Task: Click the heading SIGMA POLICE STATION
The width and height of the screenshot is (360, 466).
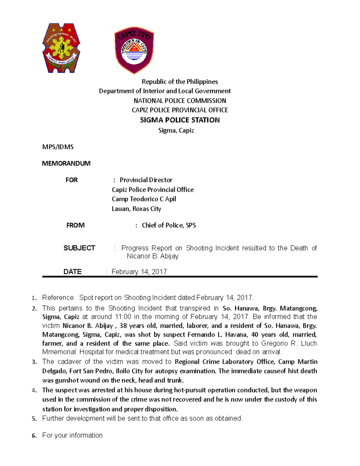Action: point(180,120)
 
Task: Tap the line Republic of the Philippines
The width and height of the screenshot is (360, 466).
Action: point(180,82)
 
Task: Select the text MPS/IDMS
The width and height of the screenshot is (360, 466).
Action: point(58,147)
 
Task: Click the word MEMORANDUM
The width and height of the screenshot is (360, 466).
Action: point(66,163)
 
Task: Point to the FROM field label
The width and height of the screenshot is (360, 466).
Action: point(75,225)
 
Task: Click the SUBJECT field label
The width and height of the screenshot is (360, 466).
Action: point(79,248)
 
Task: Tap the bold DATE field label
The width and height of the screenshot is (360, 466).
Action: point(72,272)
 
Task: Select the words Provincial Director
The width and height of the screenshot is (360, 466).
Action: point(146,180)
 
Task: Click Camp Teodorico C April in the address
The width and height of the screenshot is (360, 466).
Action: point(144,199)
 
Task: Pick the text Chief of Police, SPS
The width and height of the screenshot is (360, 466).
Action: point(169,225)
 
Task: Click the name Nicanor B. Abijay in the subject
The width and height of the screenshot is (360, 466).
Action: point(152,256)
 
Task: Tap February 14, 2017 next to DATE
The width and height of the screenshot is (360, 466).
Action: point(139,272)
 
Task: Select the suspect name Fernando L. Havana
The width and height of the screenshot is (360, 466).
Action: point(218,334)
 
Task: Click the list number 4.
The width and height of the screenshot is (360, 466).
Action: point(34,390)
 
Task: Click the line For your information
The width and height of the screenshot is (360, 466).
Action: point(72,435)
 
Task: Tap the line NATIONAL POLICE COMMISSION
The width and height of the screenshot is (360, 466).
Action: point(180,101)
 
